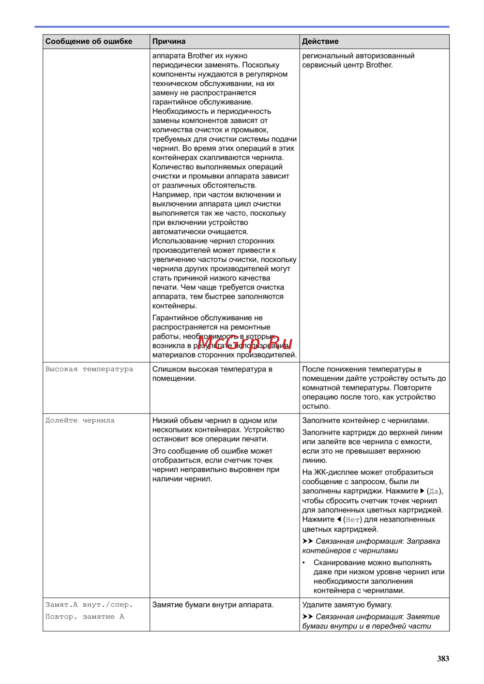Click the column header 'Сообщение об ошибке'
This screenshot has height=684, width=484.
tap(89, 42)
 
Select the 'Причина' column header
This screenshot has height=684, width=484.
tap(169, 42)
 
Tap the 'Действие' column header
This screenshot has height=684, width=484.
tap(320, 42)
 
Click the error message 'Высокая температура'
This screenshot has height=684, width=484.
tap(89, 369)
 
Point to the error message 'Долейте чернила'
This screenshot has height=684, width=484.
tap(80, 420)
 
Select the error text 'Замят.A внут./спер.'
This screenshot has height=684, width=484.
tap(89, 605)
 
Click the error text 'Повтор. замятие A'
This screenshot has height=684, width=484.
tap(85, 617)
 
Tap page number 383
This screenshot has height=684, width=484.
tap(443, 658)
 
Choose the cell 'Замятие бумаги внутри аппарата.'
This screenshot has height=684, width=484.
tap(213, 605)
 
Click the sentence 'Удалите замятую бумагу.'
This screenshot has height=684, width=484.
tap(347, 605)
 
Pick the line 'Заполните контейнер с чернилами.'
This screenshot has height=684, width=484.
tap(365, 420)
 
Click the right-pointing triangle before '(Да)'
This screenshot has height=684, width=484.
tap(423, 491)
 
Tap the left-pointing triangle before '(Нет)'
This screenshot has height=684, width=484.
tap(339, 519)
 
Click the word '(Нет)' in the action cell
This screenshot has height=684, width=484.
tap(352, 520)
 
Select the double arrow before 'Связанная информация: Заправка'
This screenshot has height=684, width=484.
tap(307, 541)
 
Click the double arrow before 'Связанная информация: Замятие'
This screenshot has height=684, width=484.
tap(307, 617)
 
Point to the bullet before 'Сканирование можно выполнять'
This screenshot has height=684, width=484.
tap(304, 563)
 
